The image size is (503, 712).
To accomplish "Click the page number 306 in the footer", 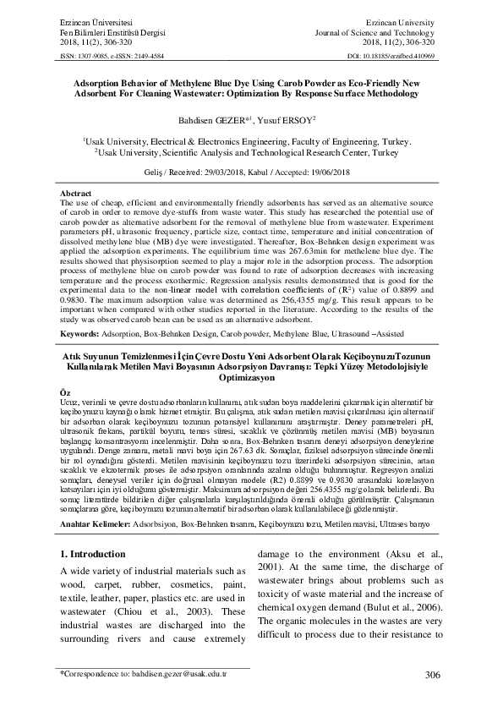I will [433, 674].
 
